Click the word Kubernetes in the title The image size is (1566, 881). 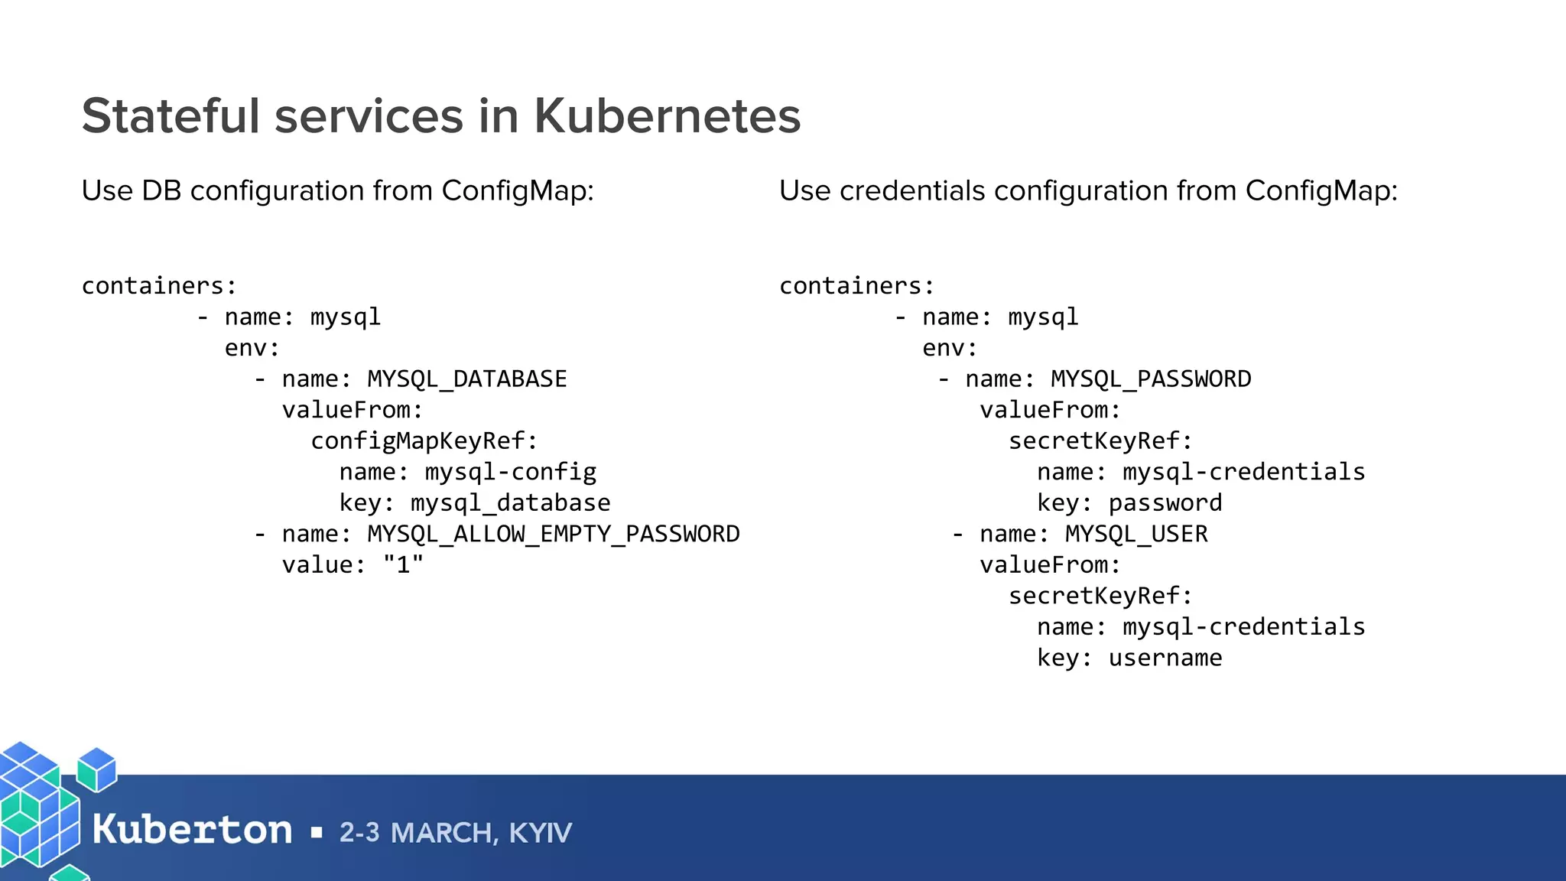[x=667, y=116]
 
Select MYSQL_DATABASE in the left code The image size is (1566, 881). [x=467, y=379]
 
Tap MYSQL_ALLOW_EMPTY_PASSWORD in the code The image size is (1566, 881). [x=554, y=534]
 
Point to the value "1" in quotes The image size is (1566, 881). [x=403, y=565]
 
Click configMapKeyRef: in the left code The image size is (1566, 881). [x=424, y=441]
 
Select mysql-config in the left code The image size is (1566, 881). [x=511, y=473]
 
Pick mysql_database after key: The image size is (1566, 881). [x=511, y=503]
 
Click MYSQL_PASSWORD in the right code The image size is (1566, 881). [x=1151, y=379]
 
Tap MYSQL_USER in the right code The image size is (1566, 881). [x=1136, y=534]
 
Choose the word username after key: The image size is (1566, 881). [x=1165, y=658]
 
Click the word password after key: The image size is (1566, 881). [x=1165, y=503]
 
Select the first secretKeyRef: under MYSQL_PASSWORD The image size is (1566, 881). [x=1100, y=441]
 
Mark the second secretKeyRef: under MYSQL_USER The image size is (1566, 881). [x=1100, y=596]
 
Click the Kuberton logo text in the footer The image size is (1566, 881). [x=192, y=830]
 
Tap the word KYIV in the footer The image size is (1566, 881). [x=540, y=833]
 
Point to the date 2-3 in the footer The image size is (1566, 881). [x=359, y=833]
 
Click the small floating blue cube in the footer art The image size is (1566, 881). [x=97, y=769]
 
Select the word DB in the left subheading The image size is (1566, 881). [x=161, y=191]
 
